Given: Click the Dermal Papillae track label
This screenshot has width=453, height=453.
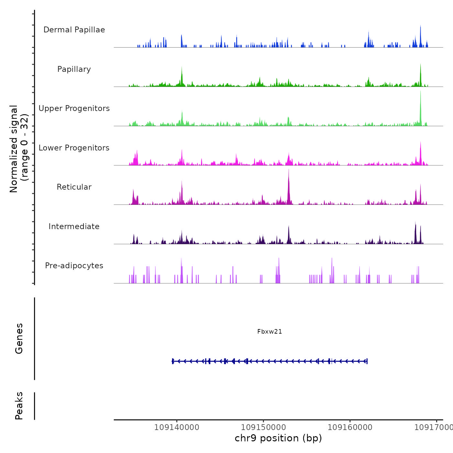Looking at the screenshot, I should pyautogui.click(x=74, y=30).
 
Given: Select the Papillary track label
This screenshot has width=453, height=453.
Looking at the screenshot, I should pyautogui.click(x=74, y=69).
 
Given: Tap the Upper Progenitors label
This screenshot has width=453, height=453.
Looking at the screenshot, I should pyautogui.click(x=74, y=108).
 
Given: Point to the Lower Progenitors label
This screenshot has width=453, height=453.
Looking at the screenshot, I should pyautogui.click(x=74, y=148).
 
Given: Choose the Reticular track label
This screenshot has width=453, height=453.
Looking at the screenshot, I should pyautogui.click(x=74, y=187).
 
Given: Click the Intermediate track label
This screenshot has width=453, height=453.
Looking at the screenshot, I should pyautogui.click(x=74, y=226).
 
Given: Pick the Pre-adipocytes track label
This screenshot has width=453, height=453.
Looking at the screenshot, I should pyautogui.click(x=74, y=266).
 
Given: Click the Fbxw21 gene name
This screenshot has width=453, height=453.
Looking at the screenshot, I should pyautogui.click(x=270, y=332).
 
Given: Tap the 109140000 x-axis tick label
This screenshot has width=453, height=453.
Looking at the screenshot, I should pyautogui.click(x=177, y=427).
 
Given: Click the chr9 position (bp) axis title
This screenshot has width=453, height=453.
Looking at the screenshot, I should pyautogui.click(x=278, y=438).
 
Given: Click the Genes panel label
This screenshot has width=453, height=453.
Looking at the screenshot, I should pyautogui.click(x=19, y=338).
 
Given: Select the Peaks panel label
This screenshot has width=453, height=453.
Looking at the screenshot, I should pyautogui.click(x=19, y=406).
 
